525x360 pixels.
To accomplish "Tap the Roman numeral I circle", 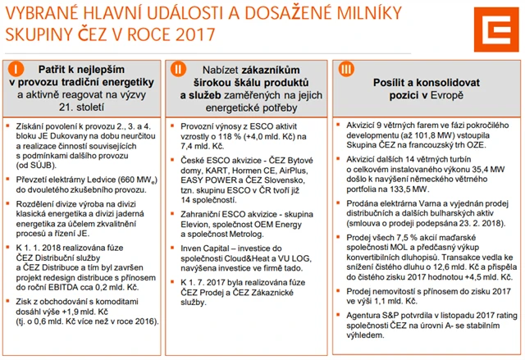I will coord(16,67).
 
